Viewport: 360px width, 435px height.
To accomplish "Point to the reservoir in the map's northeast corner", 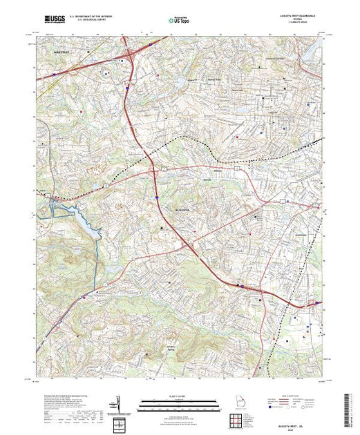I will [x=309, y=48].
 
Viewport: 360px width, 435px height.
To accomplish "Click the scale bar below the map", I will [x=178, y=405].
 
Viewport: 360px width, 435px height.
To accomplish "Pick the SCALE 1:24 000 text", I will [x=178, y=396].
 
